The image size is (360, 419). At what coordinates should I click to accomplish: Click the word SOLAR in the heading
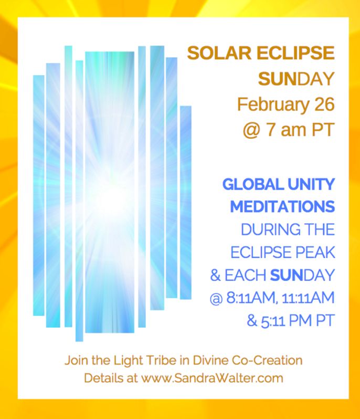[219, 53]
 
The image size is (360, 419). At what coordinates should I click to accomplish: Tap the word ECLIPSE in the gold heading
[295, 53]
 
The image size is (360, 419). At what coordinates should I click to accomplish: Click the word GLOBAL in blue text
[253, 184]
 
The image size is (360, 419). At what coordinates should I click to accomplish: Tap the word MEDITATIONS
[282, 206]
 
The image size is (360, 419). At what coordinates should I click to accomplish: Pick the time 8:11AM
[251, 297]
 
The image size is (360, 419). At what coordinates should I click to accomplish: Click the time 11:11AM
[308, 297]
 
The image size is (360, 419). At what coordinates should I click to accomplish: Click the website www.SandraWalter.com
[212, 378]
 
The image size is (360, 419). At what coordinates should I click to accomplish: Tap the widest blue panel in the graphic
[110, 192]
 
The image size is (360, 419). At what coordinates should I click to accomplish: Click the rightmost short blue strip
[186, 203]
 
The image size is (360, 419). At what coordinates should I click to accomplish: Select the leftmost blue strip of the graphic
[39, 195]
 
